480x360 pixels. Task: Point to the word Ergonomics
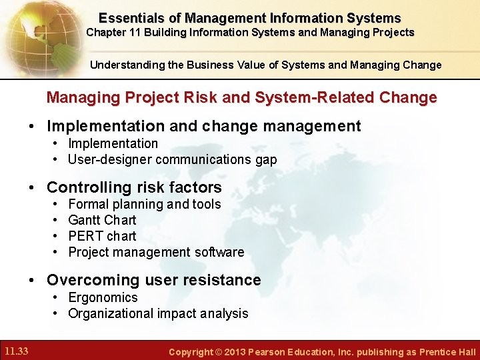(103, 298)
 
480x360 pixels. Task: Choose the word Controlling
(87, 187)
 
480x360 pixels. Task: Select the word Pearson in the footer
(268, 352)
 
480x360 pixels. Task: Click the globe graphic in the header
(33, 37)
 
